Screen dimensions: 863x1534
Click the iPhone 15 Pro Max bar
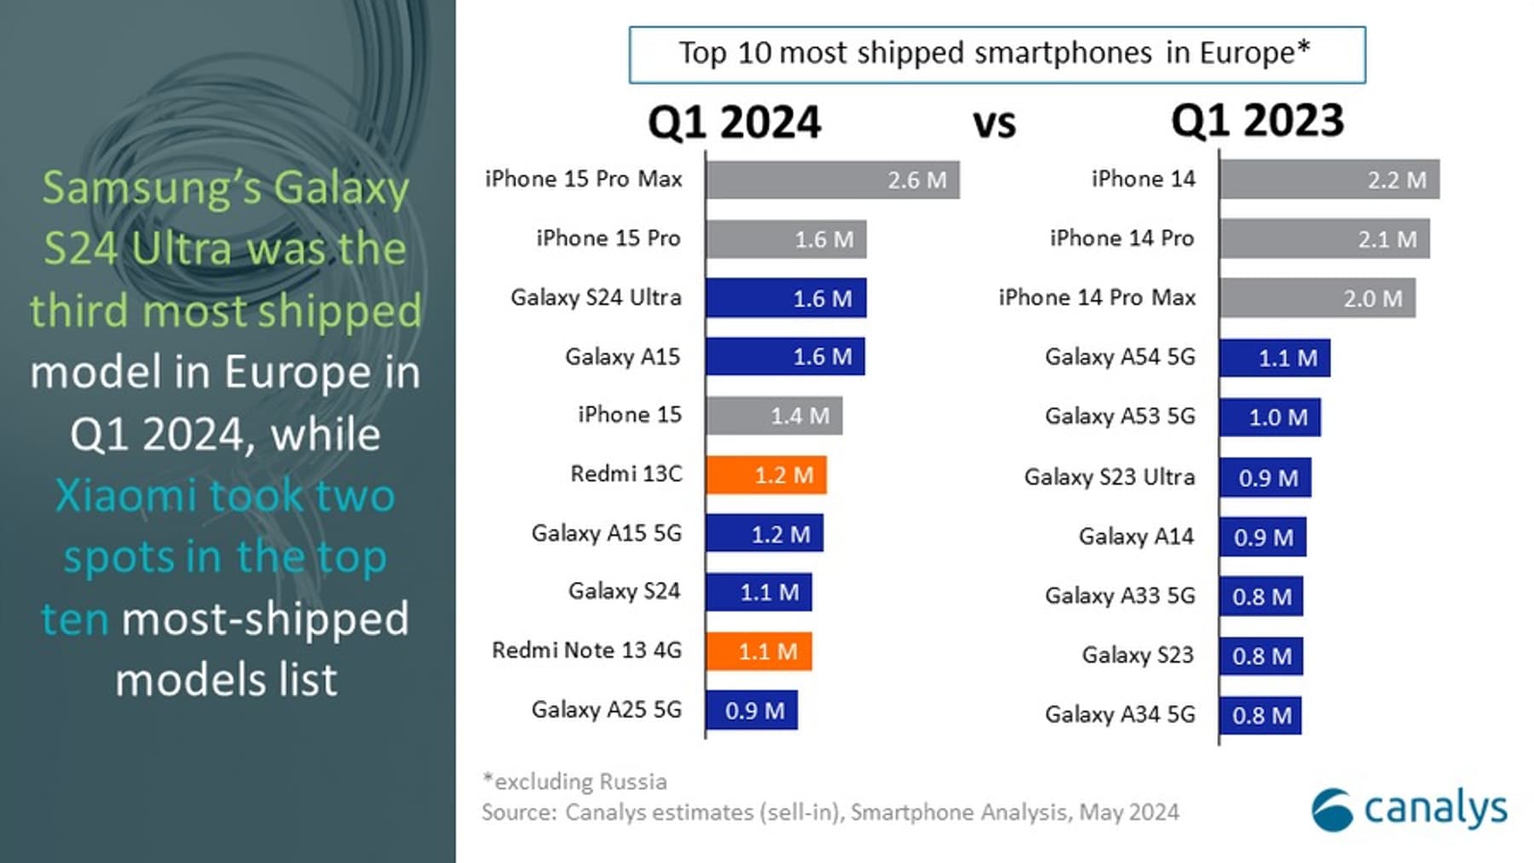click(x=832, y=180)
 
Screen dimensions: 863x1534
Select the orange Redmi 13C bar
click(x=765, y=475)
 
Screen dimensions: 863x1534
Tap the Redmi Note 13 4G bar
click(x=758, y=652)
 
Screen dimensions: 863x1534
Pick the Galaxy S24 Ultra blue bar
click(x=785, y=298)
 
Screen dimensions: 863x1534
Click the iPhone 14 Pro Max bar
click(x=1317, y=298)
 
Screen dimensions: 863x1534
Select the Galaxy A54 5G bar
click(x=1274, y=358)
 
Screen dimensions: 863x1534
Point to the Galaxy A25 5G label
click(x=606, y=710)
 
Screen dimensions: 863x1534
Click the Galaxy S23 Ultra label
click(x=1109, y=477)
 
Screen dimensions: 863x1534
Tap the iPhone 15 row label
click(x=629, y=415)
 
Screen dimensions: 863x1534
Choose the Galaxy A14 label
click(x=1135, y=537)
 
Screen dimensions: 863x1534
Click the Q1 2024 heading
click(x=734, y=123)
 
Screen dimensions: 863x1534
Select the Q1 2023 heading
click(x=1257, y=121)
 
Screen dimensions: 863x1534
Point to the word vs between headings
click(x=995, y=124)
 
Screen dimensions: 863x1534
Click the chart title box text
click(x=995, y=54)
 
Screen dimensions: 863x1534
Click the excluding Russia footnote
click(x=575, y=781)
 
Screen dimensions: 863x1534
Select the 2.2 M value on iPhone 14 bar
click(x=1396, y=181)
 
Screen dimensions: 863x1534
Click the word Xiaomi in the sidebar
click(x=125, y=496)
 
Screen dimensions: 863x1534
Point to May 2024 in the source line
click(x=1128, y=813)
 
